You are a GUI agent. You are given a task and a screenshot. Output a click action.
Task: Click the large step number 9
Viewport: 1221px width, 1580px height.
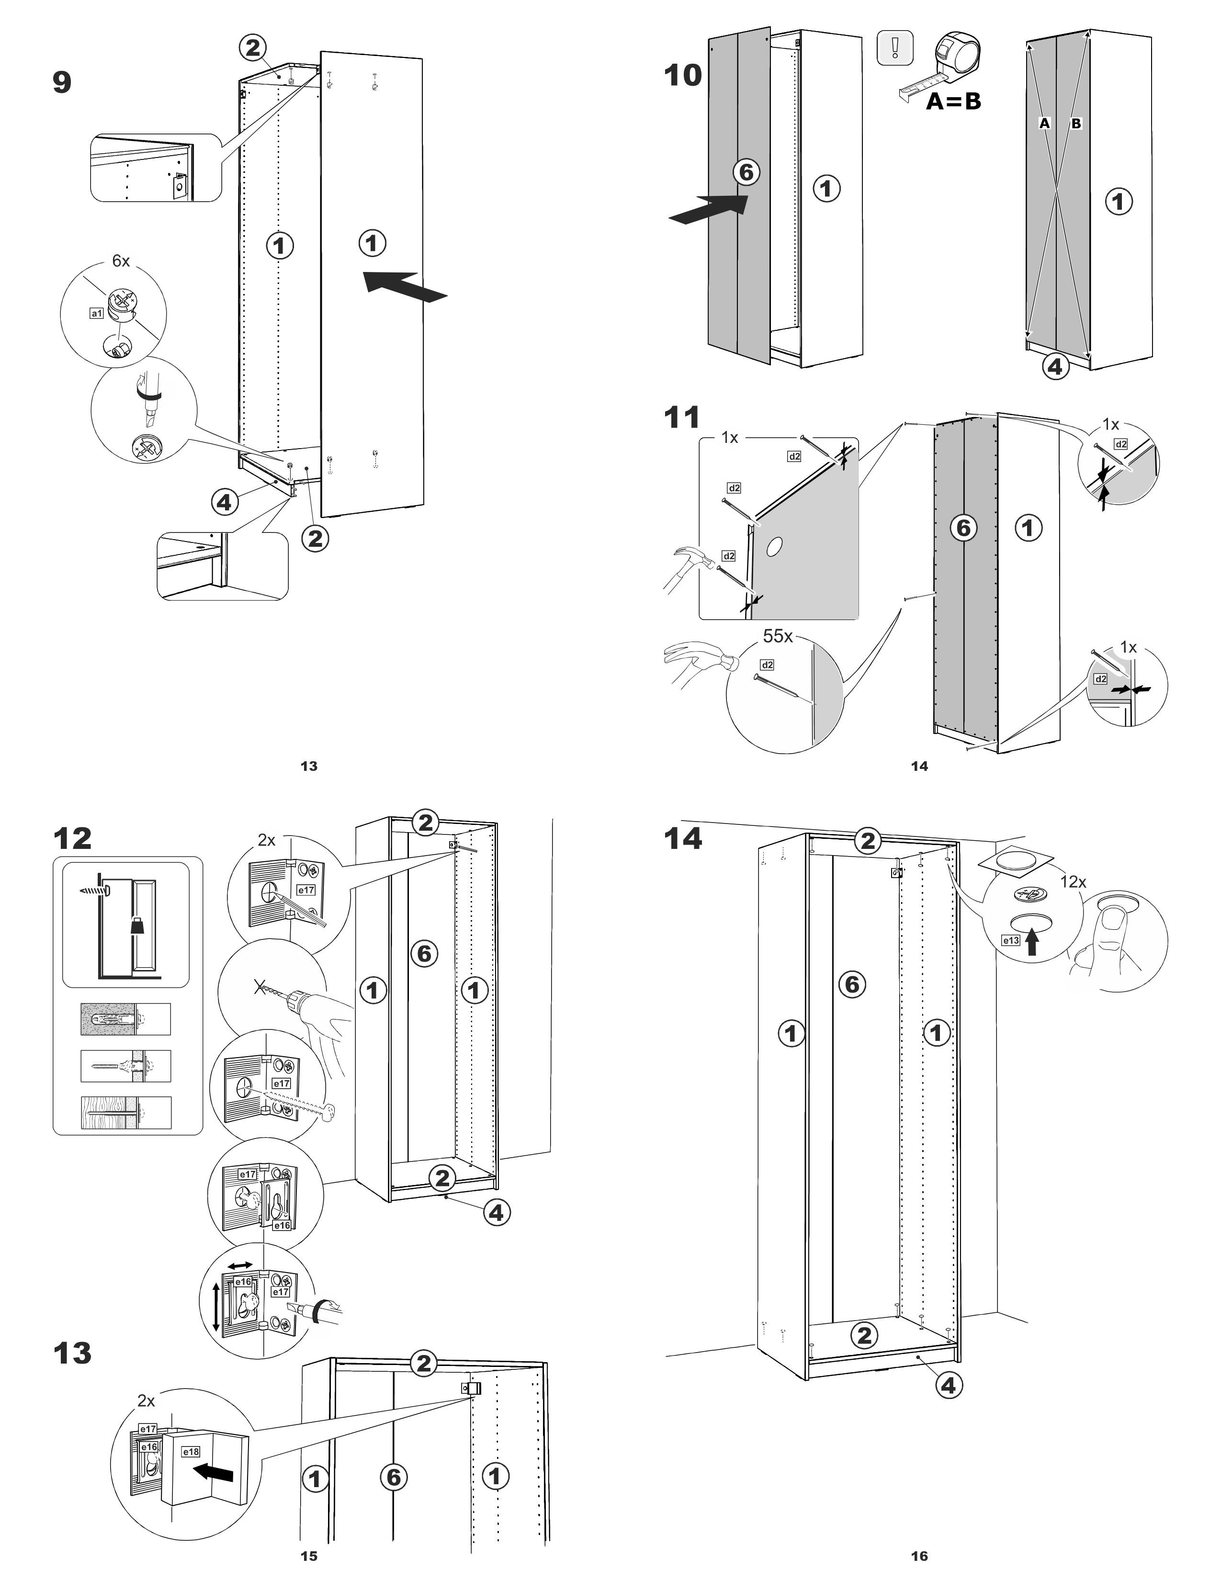[x=62, y=82]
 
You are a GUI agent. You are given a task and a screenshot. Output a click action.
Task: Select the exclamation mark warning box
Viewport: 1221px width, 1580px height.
[x=895, y=48]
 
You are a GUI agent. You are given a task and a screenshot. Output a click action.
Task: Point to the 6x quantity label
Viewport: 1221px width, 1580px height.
[x=121, y=261]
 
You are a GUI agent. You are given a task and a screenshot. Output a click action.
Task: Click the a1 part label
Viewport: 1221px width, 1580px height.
[x=96, y=313]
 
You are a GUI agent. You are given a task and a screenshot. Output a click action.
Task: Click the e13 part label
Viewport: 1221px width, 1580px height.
[x=1010, y=940]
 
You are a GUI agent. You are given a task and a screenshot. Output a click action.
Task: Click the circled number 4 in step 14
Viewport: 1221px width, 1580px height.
[x=948, y=1386]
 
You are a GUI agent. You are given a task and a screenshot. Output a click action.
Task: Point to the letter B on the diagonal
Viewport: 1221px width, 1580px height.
[x=1075, y=124]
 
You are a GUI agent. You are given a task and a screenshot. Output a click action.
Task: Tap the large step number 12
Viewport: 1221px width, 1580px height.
[x=72, y=838]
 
